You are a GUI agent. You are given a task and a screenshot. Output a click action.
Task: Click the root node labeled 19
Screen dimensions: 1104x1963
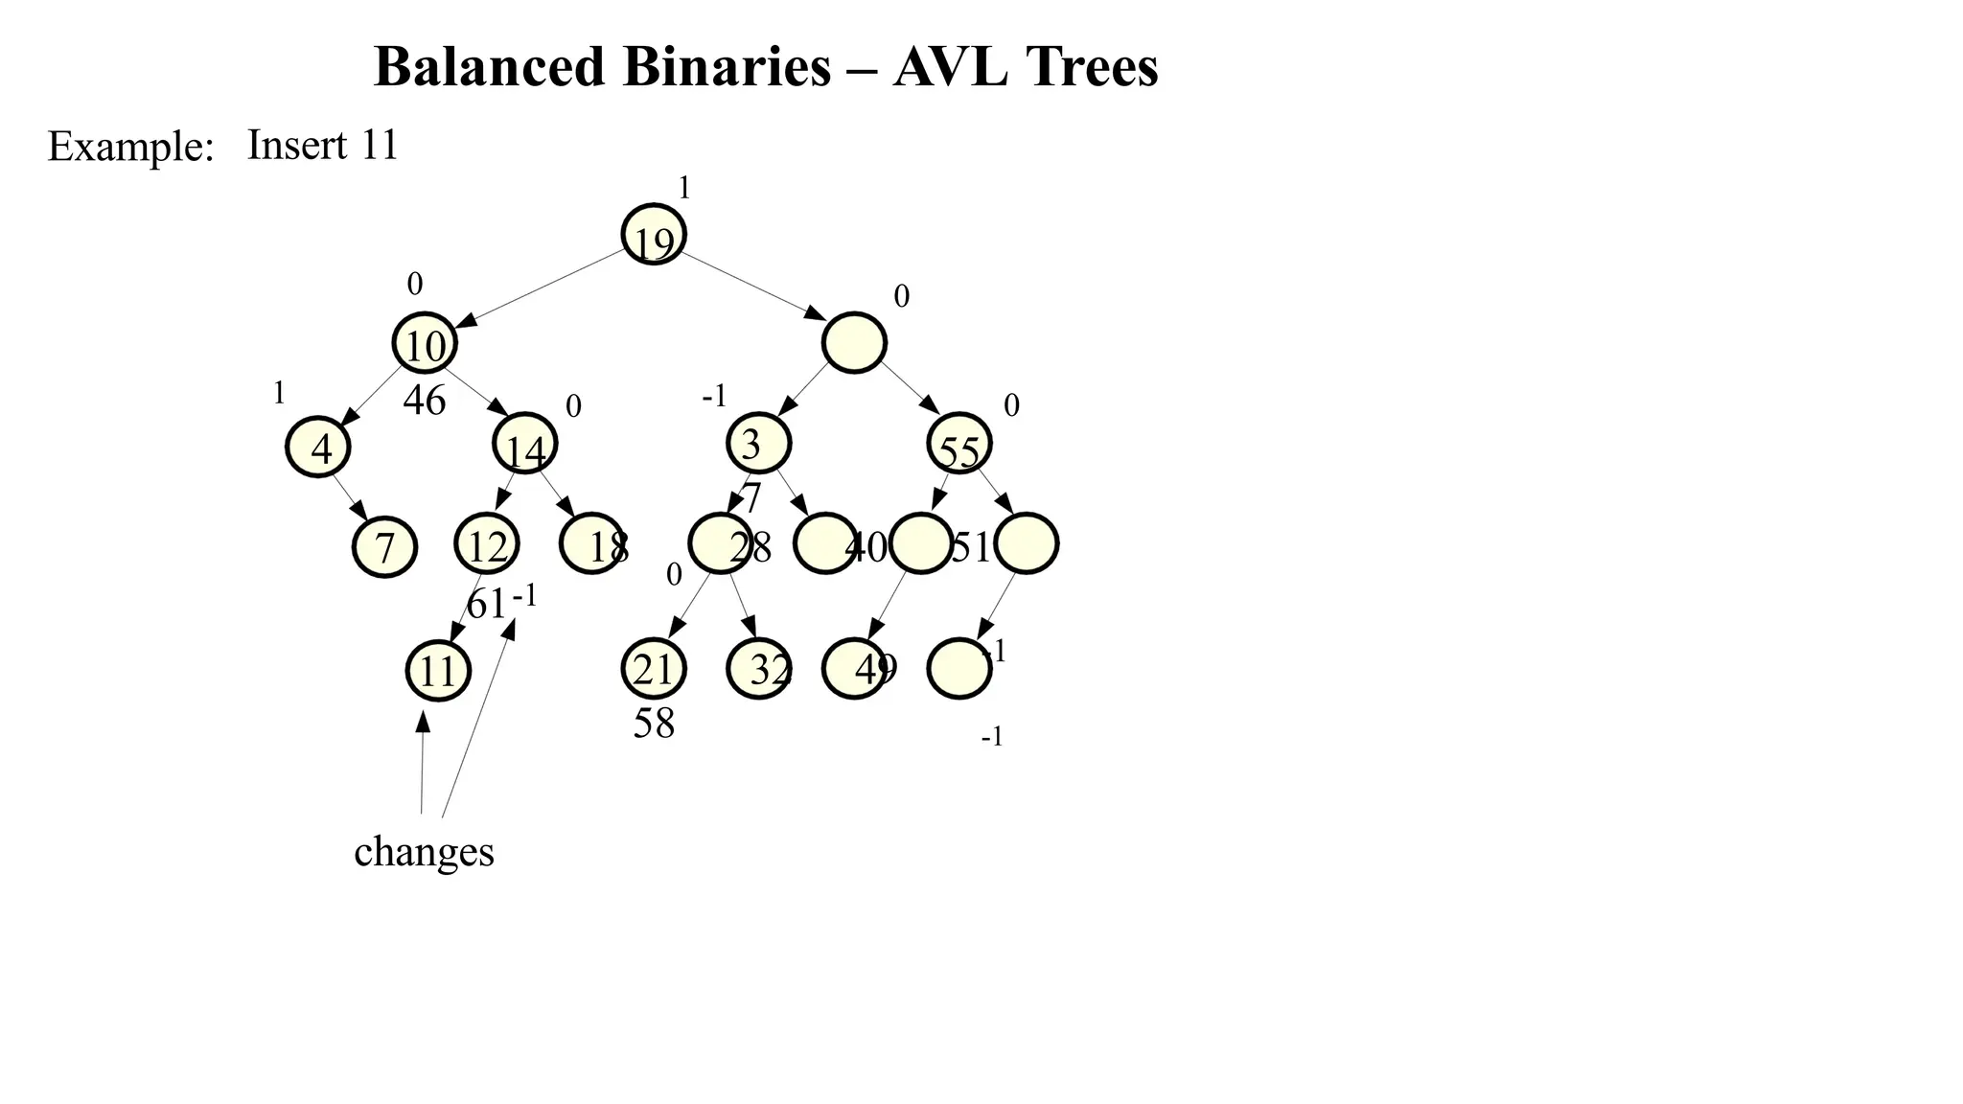pyautogui.click(x=654, y=235)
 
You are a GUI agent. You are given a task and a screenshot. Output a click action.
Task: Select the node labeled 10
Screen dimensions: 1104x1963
pyautogui.click(x=425, y=343)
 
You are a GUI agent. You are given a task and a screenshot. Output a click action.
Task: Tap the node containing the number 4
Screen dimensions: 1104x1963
pyautogui.click(x=318, y=447)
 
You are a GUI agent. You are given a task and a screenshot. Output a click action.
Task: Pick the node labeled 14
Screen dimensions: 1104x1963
pyautogui.click(x=525, y=445)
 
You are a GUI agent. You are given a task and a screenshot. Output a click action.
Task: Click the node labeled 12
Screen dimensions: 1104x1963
pyautogui.click(x=487, y=544)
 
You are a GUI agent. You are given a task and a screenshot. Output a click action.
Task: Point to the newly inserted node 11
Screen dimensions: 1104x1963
pyautogui.click(x=438, y=671)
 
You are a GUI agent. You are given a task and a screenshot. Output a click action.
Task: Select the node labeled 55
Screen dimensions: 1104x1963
pyautogui.click(x=959, y=445)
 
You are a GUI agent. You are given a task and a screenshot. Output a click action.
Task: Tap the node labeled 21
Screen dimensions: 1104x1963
pyautogui.click(x=654, y=669)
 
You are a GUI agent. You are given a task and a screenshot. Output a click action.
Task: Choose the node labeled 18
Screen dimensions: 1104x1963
pyautogui.click(x=592, y=544)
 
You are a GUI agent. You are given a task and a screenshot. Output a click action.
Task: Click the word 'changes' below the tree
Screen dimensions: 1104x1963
pyautogui.click(x=424, y=852)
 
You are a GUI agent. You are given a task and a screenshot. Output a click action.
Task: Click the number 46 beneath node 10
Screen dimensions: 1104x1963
pyautogui.click(x=425, y=401)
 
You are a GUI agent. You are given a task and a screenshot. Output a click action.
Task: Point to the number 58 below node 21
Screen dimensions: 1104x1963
pyautogui.click(x=654, y=724)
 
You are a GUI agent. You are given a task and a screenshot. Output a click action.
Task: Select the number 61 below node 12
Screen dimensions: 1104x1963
pyautogui.click(x=486, y=604)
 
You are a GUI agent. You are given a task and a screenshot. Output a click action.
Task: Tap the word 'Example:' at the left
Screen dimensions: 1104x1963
pyautogui.click(x=130, y=148)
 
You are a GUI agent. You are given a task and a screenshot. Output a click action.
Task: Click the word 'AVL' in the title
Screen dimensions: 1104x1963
pyautogui.click(x=949, y=67)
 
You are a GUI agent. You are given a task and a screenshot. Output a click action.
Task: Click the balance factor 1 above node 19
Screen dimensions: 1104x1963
pyautogui.click(x=684, y=189)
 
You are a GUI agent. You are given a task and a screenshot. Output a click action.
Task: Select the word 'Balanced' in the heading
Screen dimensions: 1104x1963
pyautogui.click(x=490, y=67)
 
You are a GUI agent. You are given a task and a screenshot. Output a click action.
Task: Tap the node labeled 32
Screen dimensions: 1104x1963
pyautogui.click(x=759, y=669)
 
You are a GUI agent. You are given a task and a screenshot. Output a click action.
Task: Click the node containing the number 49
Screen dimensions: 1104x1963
pyautogui.click(x=855, y=669)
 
